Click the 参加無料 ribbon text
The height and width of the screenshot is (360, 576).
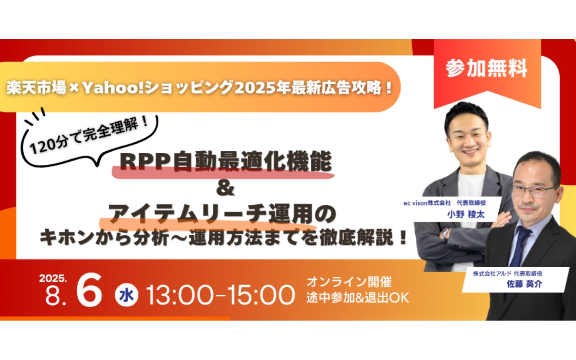pyautogui.click(x=486, y=68)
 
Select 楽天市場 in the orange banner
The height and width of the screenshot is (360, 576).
pyautogui.click(x=36, y=88)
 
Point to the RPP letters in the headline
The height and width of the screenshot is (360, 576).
pyautogui.click(x=146, y=162)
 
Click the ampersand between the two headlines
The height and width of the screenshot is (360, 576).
pyautogui.click(x=225, y=188)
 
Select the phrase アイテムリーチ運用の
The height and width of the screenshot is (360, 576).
pyautogui.click(x=222, y=214)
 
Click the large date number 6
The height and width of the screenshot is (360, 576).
pyautogui.click(x=89, y=290)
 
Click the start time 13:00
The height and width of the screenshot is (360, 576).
pyautogui.click(x=180, y=295)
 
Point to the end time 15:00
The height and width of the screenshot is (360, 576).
pyautogui.click(x=261, y=295)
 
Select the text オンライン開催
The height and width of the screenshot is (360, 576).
pyautogui.click(x=349, y=282)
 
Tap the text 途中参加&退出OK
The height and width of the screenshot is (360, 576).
pyautogui.click(x=358, y=298)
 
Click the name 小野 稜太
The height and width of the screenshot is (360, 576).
pyautogui.click(x=466, y=214)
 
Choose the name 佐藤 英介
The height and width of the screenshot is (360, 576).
pyautogui.click(x=524, y=284)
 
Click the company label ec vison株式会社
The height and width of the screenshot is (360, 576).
pyautogui.click(x=427, y=203)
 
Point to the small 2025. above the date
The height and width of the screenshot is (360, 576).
pyautogui.click(x=53, y=278)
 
